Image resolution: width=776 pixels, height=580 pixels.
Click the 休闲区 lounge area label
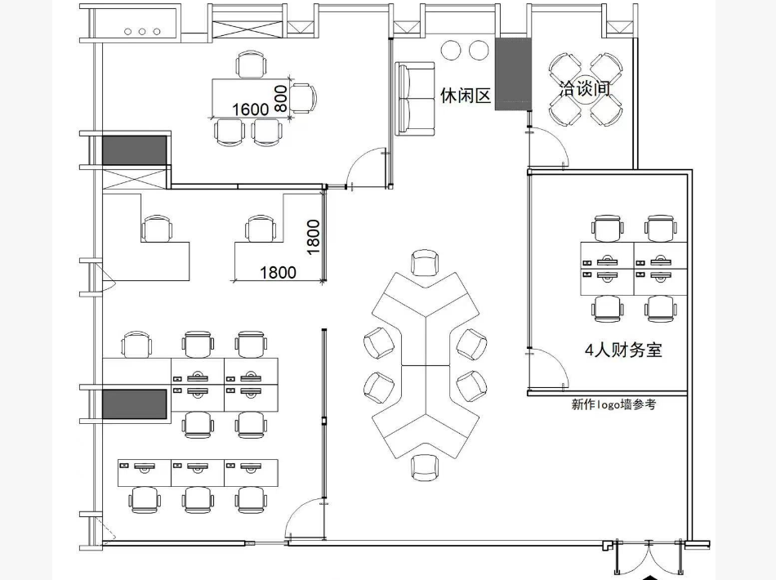(x=466, y=95)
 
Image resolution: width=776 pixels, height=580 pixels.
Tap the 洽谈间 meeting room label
(x=585, y=88)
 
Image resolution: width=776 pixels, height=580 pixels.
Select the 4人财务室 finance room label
(x=623, y=350)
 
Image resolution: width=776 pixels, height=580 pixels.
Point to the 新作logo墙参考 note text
(x=613, y=404)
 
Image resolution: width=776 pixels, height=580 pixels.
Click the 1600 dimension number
(x=251, y=109)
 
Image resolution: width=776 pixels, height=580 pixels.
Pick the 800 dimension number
(x=281, y=99)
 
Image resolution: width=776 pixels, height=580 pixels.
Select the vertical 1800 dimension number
(x=314, y=237)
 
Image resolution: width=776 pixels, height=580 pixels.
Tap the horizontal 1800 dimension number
(x=278, y=272)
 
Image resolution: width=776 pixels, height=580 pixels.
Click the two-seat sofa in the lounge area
(x=415, y=99)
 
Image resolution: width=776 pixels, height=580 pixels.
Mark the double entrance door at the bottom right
(x=649, y=557)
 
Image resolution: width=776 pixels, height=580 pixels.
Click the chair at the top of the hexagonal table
(x=425, y=262)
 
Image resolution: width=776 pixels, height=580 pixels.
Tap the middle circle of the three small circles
(x=142, y=32)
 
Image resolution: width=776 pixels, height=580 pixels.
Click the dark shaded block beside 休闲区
(x=513, y=74)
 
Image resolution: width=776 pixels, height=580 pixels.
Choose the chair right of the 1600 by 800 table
(x=303, y=99)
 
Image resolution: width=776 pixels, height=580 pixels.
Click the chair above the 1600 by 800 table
(x=251, y=65)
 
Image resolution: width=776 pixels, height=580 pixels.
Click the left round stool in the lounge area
(x=451, y=50)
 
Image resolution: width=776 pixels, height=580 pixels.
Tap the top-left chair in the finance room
(x=607, y=229)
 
